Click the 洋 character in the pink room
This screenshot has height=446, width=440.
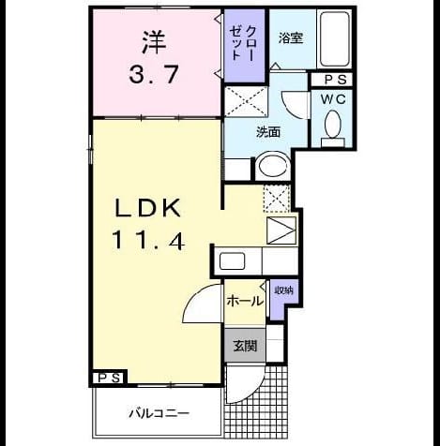(154, 42)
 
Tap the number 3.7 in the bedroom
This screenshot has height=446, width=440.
(154, 74)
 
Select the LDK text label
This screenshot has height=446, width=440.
(148, 208)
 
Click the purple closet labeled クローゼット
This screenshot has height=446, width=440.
(245, 46)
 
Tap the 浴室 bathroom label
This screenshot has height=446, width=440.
(291, 38)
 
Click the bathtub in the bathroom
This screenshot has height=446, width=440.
(334, 38)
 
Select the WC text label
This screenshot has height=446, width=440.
(333, 99)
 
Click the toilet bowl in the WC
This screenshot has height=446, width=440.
(333, 125)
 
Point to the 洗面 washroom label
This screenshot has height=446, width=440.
(268, 132)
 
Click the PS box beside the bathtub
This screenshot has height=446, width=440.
(332, 80)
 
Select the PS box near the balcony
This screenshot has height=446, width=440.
(110, 378)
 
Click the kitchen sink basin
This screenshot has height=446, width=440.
(232, 260)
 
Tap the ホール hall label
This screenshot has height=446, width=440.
(245, 302)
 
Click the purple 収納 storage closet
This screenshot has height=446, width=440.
(284, 299)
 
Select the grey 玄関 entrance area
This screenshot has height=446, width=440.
(245, 346)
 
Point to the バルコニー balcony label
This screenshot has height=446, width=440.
(159, 414)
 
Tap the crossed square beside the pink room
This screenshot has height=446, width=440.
(246, 101)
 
